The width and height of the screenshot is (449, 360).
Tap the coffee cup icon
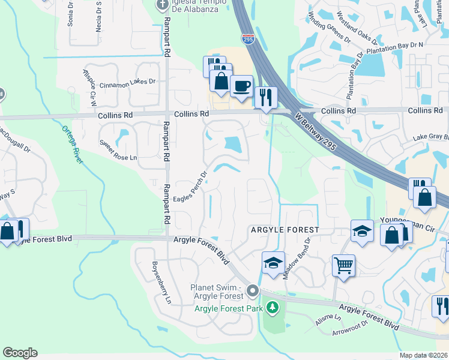pos(241,86)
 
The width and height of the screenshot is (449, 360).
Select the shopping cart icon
pos(343,265)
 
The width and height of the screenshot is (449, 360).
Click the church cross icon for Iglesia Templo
pos(161,5)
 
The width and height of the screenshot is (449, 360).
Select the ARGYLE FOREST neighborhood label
pos(284,230)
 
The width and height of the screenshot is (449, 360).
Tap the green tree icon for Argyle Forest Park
pos(273,308)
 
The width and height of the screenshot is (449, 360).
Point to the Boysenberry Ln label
pos(161,283)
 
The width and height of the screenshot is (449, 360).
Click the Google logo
pos(20,353)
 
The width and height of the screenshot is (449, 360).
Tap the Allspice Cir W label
pos(89,83)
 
